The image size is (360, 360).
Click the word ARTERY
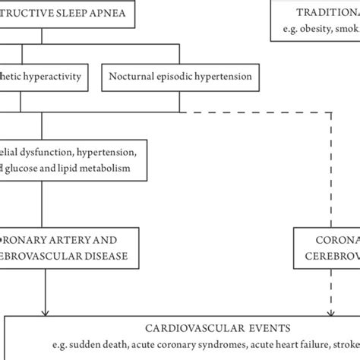[x=75, y=238]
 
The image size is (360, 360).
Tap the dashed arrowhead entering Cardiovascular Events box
[x=330, y=311]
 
